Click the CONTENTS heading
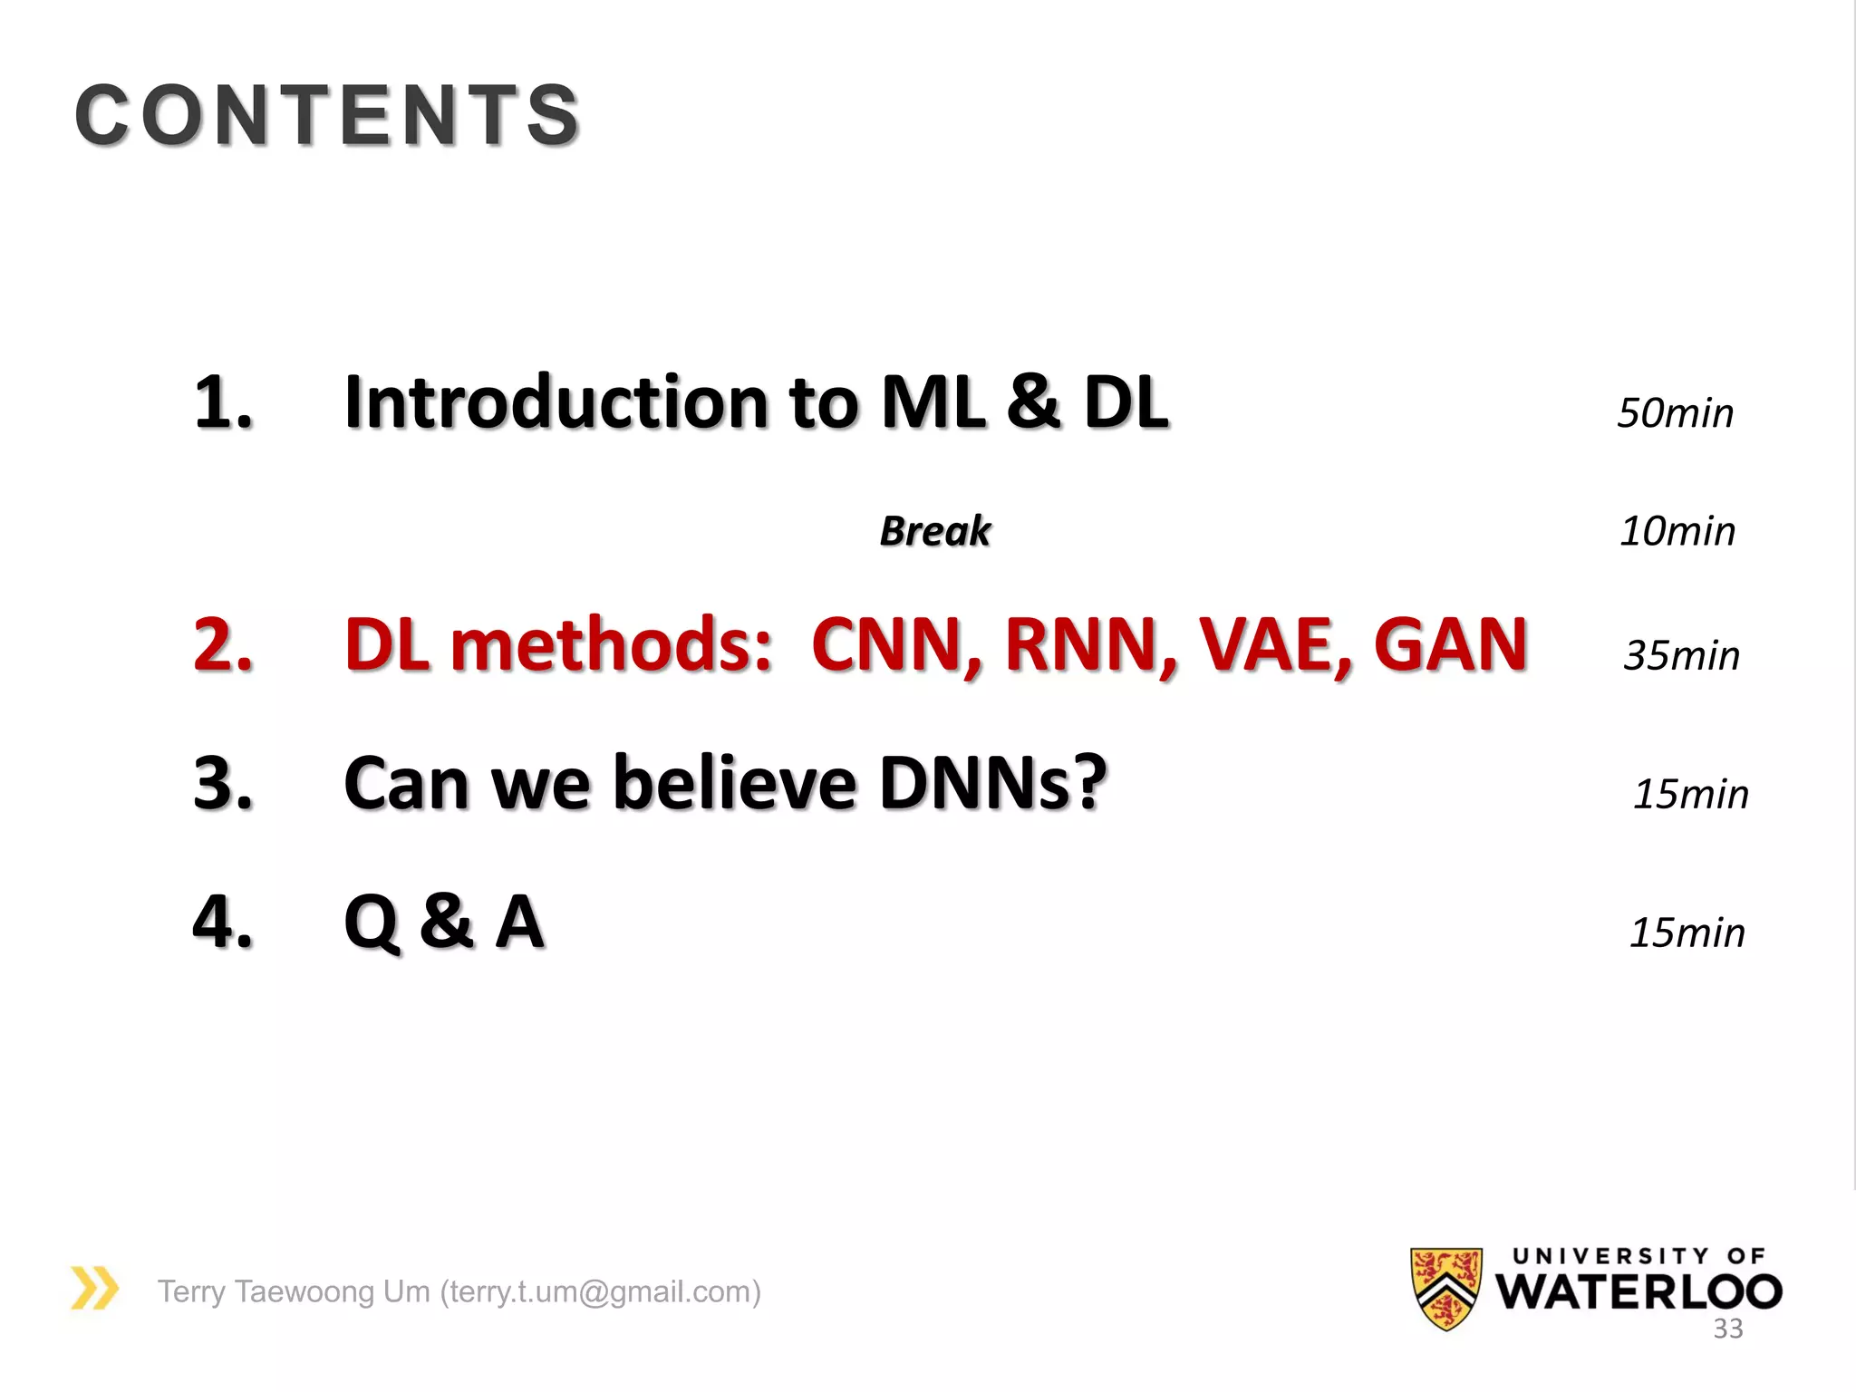pos(327,115)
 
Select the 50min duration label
pos(1675,413)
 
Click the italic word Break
pos(935,531)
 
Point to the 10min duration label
pos(1677,531)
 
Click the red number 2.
pos(223,644)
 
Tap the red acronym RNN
pos(1090,645)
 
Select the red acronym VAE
pos(1275,645)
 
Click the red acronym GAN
pos(1450,645)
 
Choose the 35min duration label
pos(1681,655)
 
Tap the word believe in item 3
pos(735,783)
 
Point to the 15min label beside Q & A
pos(1687,933)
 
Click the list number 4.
pos(223,923)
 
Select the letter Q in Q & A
pos(372,923)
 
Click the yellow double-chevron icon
pos(94,1288)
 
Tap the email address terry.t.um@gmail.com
pos(599,1291)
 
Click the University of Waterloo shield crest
pos(1446,1288)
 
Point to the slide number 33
pos(1727,1329)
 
